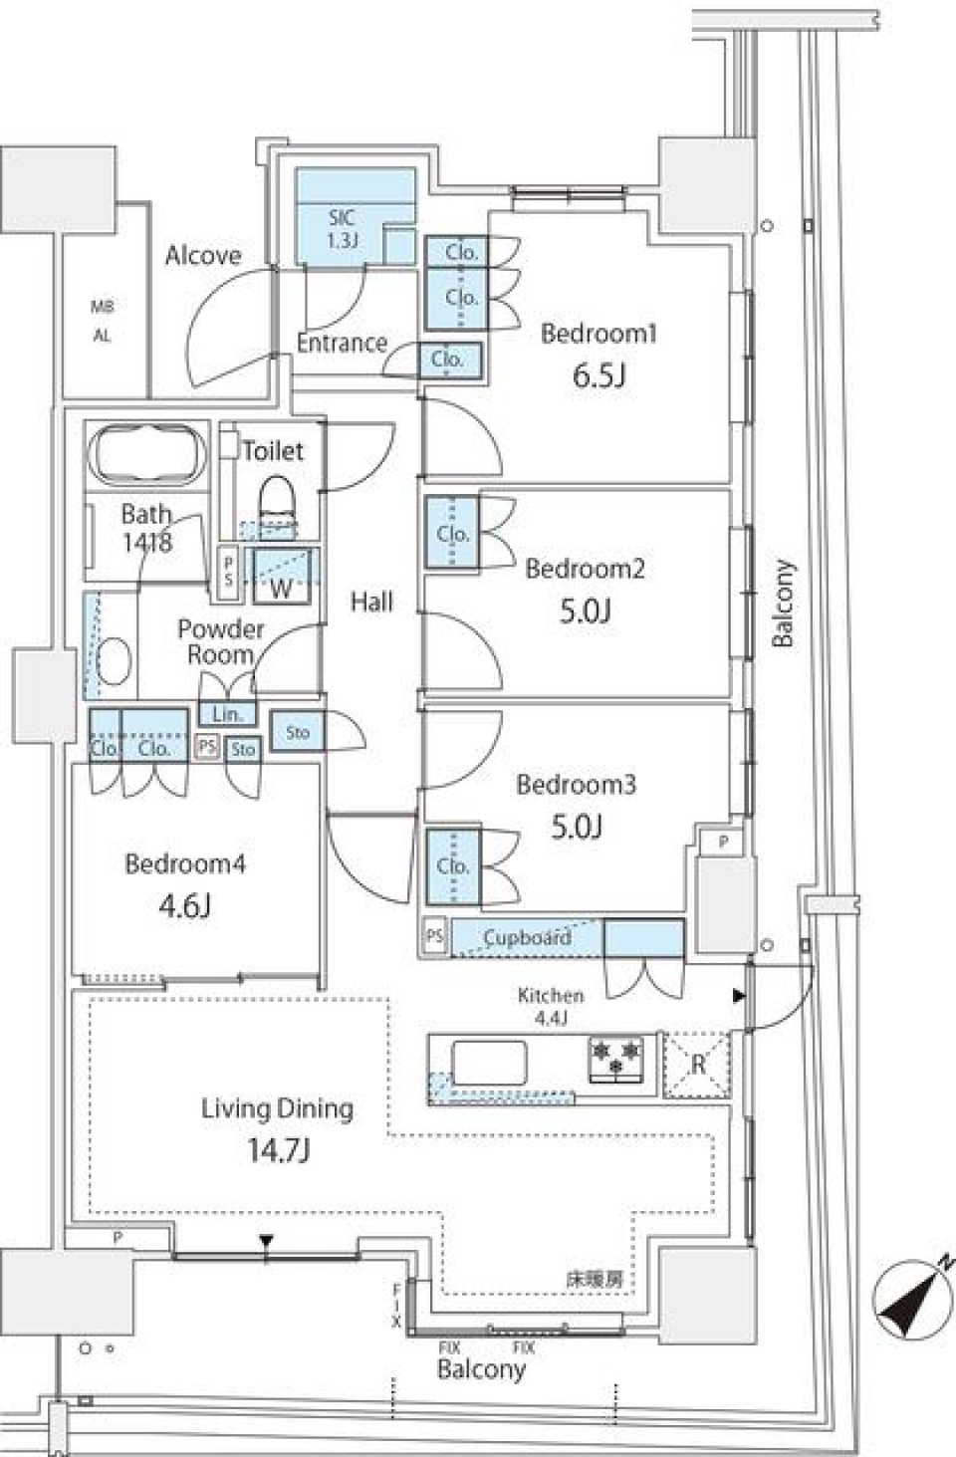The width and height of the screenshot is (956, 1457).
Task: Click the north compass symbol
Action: click(907, 1302)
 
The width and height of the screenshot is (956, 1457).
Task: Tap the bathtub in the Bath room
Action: click(147, 455)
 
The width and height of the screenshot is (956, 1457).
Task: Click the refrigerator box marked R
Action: click(697, 1064)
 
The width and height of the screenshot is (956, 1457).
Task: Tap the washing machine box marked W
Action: click(282, 578)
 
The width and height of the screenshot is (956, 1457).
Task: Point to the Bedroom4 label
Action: click(184, 863)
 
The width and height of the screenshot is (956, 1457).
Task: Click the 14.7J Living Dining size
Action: click(277, 1151)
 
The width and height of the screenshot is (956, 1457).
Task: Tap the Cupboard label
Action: click(526, 937)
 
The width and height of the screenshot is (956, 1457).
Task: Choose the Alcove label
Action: click(203, 256)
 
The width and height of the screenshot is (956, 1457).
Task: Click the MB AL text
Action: click(103, 321)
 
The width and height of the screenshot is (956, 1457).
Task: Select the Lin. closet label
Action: click(227, 714)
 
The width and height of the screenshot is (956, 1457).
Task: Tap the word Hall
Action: click(371, 601)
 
